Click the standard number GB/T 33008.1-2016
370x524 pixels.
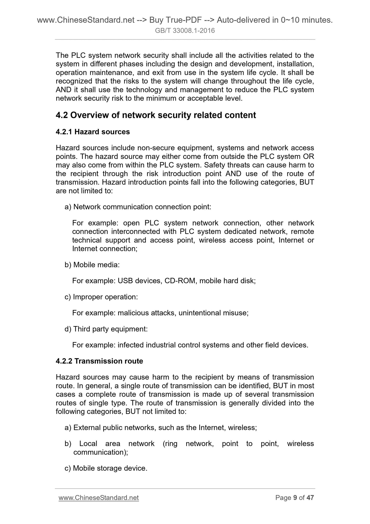185,31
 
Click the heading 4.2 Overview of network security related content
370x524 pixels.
156,115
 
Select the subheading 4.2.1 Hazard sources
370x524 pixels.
93,132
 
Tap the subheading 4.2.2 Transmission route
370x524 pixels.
99,361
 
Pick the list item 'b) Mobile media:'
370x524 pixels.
92,265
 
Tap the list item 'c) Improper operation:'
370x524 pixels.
101,297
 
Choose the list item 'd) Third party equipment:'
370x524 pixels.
106,329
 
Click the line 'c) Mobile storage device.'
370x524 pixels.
106,468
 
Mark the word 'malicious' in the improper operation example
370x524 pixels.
133,313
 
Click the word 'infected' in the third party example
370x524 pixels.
131,345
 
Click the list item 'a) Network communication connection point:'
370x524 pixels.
138,207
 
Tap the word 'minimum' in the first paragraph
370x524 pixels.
161,98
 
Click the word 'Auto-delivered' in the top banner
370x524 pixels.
243,20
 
